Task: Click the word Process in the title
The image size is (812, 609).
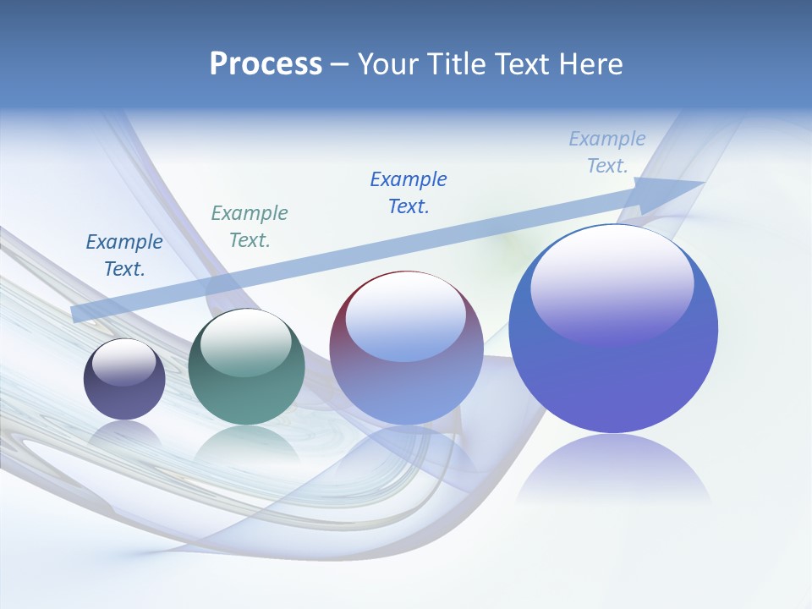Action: (x=266, y=64)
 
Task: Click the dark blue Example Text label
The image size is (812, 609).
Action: (x=124, y=255)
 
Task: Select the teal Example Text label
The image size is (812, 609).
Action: (x=250, y=227)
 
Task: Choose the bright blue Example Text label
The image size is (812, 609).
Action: (x=409, y=193)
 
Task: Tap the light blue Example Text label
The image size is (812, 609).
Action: (x=607, y=152)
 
